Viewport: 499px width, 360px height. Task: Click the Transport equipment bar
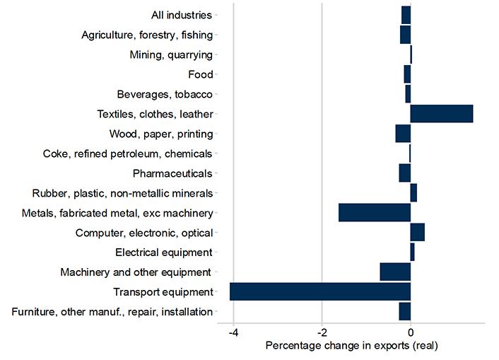tap(320, 291)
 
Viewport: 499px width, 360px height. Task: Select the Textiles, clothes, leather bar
tap(441, 114)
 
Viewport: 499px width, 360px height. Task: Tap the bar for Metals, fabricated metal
tap(375, 213)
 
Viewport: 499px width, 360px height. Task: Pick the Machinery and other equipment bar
tap(395, 272)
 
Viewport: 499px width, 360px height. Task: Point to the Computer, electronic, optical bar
tap(417, 232)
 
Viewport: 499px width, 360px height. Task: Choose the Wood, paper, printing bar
tap(403, 134)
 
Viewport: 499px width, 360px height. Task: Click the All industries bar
tap(406, 15)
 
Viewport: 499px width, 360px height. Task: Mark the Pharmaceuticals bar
tap(404, 173)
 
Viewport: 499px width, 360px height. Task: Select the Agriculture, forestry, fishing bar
tap(405, 35)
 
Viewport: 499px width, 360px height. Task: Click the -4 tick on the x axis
tap(233, 332)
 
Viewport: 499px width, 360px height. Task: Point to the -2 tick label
tap(322, 332)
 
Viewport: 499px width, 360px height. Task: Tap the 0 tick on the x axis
tap(411, 332)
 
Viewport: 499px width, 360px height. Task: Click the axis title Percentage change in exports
tap(352, 346)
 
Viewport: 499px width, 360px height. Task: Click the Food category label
tap(200, 74)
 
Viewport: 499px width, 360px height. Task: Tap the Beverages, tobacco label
tap(165, 94)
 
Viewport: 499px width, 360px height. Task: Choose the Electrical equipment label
tap(163, 252)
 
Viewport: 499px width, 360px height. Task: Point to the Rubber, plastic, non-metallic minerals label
tap(122, 193)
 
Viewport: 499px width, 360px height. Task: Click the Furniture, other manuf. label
tap(112, 311)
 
